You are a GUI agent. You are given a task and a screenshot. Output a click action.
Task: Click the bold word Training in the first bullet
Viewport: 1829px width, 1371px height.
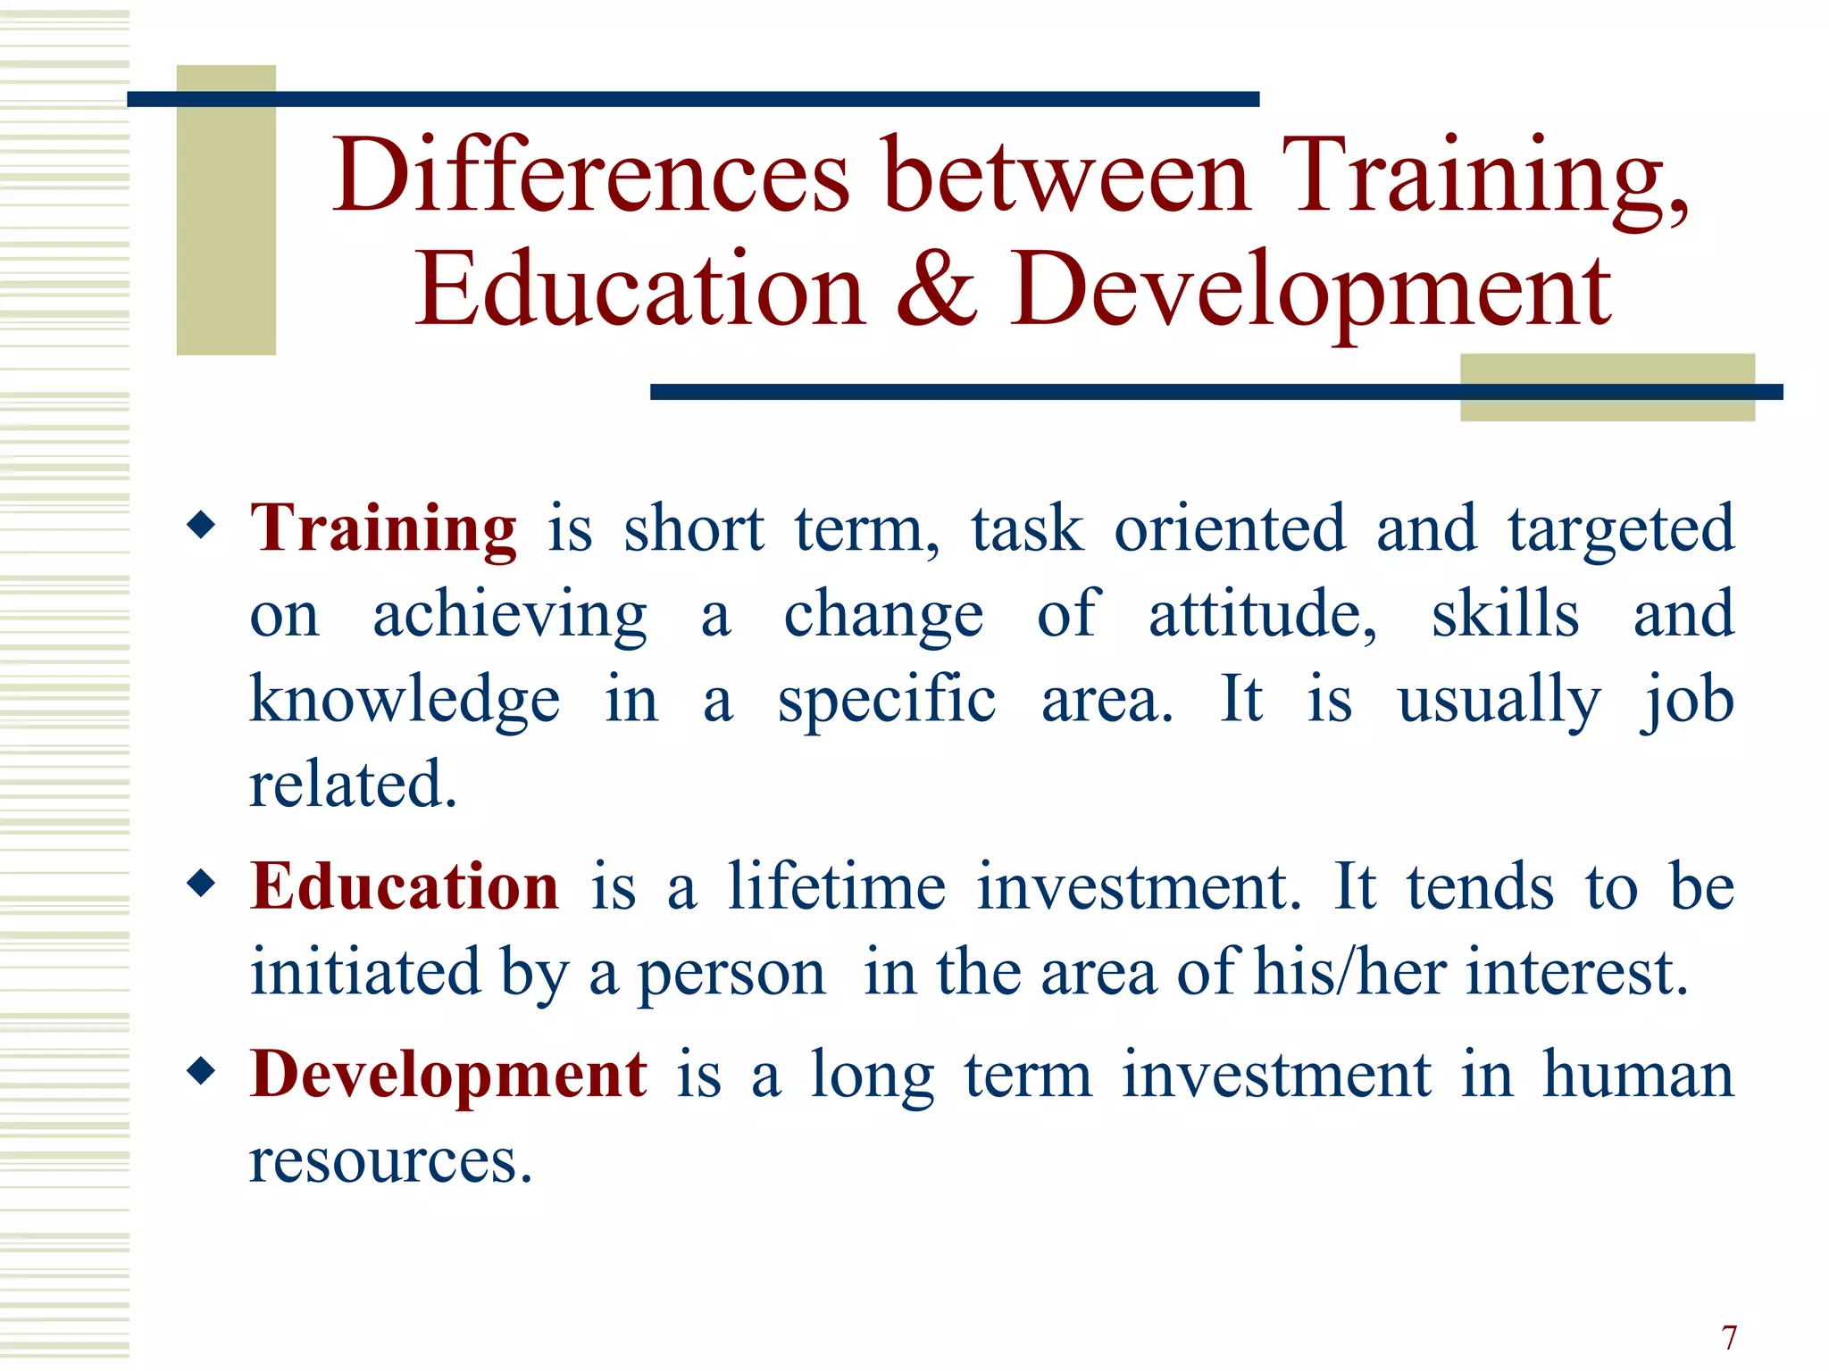383,528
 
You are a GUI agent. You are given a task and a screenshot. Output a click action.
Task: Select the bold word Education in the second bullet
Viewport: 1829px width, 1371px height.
405,886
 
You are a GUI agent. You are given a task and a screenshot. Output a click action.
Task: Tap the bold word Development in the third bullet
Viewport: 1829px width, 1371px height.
448,1074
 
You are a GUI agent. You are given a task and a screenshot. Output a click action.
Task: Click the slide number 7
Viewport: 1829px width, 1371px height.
1729,1338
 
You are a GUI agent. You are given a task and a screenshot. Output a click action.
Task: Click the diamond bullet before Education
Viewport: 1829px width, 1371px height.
202,884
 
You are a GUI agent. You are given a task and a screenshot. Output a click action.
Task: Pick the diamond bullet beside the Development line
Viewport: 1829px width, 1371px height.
202,1070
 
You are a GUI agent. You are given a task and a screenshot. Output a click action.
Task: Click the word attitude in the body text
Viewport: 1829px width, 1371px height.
1262,615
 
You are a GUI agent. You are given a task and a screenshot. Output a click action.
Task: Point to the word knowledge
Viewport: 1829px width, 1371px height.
405,701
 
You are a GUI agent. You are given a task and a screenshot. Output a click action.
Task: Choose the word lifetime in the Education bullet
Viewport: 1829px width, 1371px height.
837,886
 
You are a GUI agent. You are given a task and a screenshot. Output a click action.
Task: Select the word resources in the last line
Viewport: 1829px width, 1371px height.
390,1160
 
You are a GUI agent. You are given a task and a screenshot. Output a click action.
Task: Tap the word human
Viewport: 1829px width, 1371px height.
1638,1074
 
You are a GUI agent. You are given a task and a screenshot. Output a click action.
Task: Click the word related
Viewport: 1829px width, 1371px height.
353,785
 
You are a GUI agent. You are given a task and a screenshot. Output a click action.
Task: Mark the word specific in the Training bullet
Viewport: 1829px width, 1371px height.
886,701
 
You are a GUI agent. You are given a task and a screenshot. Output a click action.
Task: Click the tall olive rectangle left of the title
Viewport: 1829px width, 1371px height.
226,210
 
